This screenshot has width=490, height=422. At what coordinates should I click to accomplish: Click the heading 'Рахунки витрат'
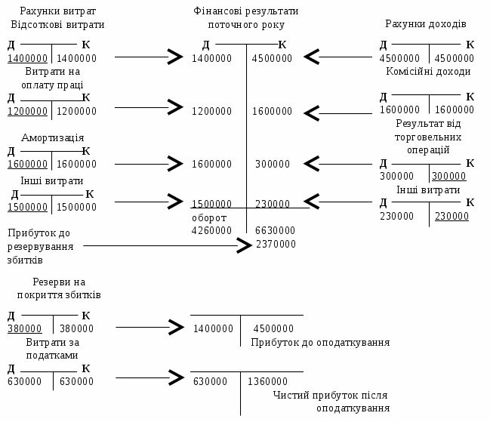(52, 12)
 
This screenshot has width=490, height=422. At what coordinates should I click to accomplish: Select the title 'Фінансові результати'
(245, 12)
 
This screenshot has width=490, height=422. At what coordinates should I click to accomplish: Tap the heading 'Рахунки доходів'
(426, 23)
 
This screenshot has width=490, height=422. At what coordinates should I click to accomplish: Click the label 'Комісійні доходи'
(427, 71)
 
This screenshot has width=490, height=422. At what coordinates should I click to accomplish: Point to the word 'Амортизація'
(52, 138)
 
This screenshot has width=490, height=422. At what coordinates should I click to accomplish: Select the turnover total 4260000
(211, 230)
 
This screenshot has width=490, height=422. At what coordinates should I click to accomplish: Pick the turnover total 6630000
(276, 230)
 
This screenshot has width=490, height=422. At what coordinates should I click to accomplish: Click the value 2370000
(276, 244)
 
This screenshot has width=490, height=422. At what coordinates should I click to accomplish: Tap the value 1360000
(268, 381)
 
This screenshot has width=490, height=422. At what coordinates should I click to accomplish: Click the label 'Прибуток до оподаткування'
(320, 342)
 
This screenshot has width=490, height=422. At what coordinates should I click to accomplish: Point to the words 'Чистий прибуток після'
(332, 395)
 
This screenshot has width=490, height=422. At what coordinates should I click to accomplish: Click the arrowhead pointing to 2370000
(244, 245)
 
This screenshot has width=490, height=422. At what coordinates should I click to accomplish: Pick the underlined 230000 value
(451, 216)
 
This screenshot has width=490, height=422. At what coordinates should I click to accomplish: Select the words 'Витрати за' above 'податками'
(52, 342)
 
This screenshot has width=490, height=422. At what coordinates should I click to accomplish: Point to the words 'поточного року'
(245, 25)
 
